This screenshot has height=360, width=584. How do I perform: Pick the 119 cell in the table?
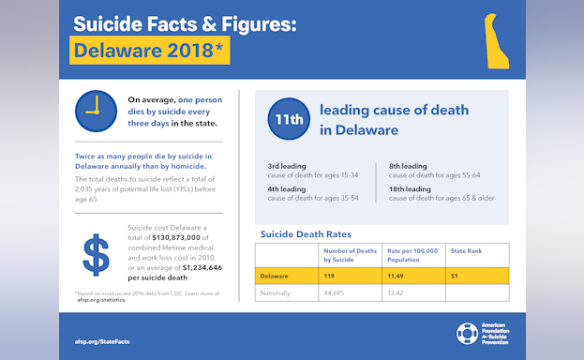[x=330, y=277]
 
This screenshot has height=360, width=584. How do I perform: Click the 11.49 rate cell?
[x=400, y=277]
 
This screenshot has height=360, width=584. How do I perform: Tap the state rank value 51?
[x=457, y=277]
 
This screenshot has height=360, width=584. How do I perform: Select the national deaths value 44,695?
[x=335, y=292]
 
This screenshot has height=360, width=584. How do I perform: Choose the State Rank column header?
[x=466, y=251]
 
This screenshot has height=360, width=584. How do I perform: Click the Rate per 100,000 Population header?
[x=413, y=254]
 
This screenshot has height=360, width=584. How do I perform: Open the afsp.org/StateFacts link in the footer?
[x=101, y=341]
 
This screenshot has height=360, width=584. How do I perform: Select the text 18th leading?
[x=408, y=188]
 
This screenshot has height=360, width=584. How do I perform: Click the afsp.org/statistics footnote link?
[x=101, y=300]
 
